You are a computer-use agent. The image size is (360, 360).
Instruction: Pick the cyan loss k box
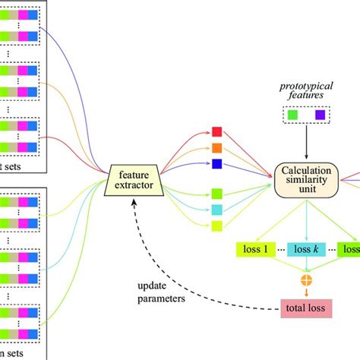(307, 249)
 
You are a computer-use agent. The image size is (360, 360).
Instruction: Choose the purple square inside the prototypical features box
(320, 115)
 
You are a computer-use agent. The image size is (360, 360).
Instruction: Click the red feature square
(216, 132)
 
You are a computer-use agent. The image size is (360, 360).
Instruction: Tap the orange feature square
(216, 147)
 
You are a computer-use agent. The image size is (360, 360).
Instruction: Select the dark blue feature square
(216, 163)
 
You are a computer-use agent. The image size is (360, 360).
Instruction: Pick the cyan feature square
(216, 209)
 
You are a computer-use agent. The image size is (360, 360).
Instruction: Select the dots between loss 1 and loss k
(280, 250)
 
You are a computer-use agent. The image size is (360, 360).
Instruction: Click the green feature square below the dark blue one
(216, 194)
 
